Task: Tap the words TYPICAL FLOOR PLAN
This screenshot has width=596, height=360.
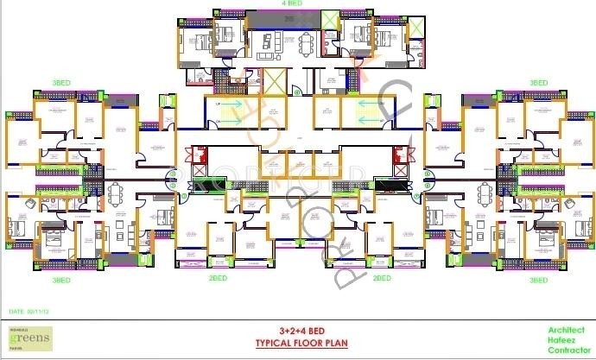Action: [296, 341]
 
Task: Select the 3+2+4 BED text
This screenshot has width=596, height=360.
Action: [297, 330]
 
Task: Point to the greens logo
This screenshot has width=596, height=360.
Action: [30, 339]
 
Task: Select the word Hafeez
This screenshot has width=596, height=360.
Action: [565, 340]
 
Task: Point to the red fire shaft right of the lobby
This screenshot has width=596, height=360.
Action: [398, 156]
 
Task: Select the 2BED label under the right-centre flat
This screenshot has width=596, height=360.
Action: [382, 279]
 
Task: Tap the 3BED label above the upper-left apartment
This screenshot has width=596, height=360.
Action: [60, 83]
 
